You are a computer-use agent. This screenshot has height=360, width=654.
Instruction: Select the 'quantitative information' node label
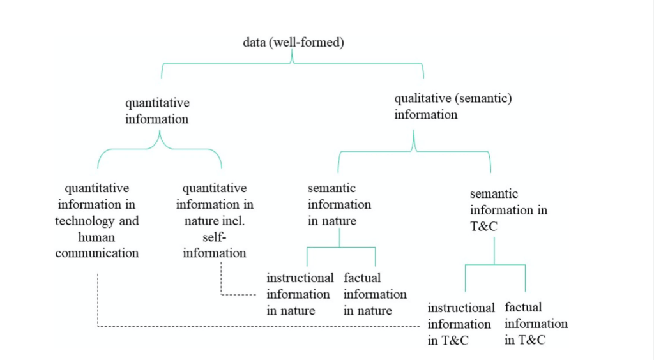pos(157,110)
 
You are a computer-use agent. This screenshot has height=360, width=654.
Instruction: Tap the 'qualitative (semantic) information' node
pos(453,107)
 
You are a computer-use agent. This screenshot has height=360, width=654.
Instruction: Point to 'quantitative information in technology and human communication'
pos(97,221)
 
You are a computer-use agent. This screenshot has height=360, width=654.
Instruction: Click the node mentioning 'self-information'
pos(215,221)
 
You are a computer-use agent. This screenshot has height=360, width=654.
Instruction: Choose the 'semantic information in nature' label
pos(339,205)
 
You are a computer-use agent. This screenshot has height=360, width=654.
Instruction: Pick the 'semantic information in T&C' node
pos(509,210)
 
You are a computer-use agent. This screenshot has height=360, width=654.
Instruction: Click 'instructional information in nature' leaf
pos(300,294)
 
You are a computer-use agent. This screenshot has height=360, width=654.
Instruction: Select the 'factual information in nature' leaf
pos(375,294)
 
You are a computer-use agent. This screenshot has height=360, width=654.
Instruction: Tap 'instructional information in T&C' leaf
pos(461,324)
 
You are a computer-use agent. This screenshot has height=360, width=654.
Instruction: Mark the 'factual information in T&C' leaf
pos(536,324)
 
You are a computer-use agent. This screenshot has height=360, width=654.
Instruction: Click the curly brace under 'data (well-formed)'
pos(293,63)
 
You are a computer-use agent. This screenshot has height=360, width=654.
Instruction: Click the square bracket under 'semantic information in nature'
pos(340,248)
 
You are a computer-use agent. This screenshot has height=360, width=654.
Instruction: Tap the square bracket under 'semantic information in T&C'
pos(495,264)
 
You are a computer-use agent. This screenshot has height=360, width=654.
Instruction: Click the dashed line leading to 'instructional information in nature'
pos(240,294)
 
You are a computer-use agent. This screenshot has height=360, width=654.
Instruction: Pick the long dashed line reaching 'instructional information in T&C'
pos(255,326)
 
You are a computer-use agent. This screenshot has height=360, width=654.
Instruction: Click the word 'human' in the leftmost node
pos(97,237)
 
